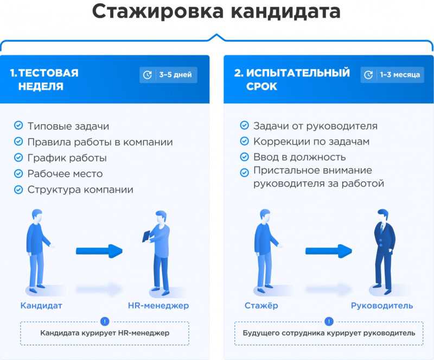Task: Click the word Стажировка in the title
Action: click(158, 11)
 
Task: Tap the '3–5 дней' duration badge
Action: click(168, 75)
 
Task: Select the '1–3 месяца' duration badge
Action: click(392, 75)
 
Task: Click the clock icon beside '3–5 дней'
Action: click(147, 75)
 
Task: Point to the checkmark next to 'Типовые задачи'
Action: click(18, 125)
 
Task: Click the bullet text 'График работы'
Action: click(67, 158)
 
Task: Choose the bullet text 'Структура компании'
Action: click(80, 190)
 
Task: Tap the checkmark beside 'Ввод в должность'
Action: click(245, 157)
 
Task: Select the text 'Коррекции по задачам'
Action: click(311, 141)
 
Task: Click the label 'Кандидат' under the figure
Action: click(41, 305)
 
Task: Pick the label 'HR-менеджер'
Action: click(158, 305)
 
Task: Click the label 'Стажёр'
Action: click(261, 305)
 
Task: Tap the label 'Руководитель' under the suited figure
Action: click(382, 306)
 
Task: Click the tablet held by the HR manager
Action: click(146, 236)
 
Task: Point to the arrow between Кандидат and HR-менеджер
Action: click(99, 251)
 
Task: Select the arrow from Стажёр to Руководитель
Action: click(329, 251)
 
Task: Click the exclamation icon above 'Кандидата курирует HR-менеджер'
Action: click(105, 321)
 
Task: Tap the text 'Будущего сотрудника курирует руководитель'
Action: click(329, 333)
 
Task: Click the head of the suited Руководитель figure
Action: click(383, 216)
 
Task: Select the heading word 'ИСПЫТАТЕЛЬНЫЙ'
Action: click(298, 73)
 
